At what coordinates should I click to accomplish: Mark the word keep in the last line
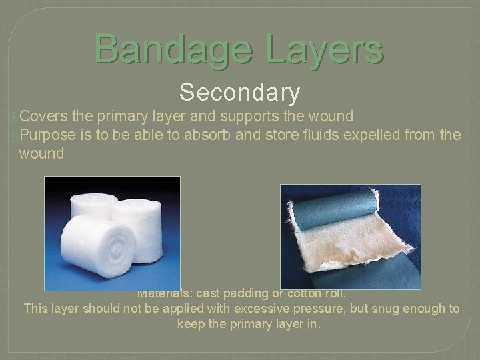(x=192, y=324)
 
